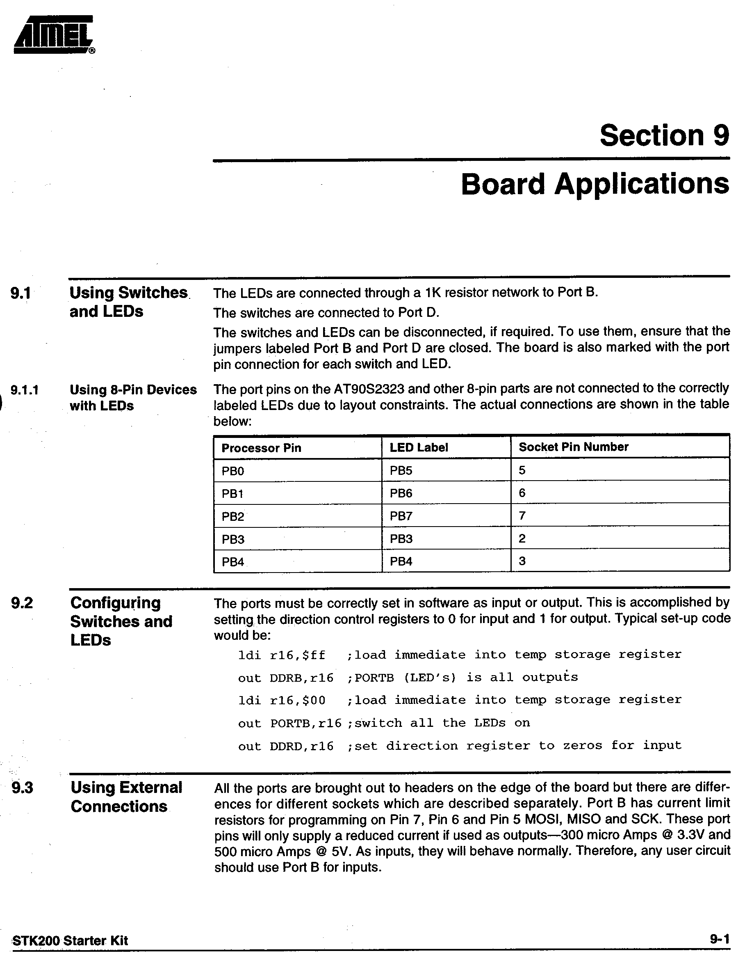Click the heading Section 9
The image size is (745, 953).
(x=664, y=136)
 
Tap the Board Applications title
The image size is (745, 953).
(x=595, y=184)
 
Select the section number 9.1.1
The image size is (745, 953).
(x=25, y=390)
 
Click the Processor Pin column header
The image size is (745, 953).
(x=261, y=448)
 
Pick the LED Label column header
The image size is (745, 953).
(x=419, y=447)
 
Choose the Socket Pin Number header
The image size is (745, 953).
(x=573, y=447)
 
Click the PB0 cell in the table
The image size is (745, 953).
(x=233, y=471)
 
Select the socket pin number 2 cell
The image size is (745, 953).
(x=522, y=538)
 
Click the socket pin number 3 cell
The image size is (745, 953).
(x=522, y=561)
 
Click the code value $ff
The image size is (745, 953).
(x=314, y=655)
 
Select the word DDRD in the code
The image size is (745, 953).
(x=286, y=747)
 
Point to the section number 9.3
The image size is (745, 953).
(x=22, y=788)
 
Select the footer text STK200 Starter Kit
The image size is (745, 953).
(x=70, y=940)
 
